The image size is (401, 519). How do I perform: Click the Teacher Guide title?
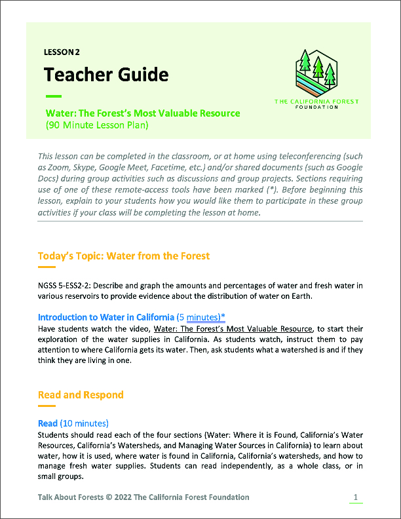click(106, 74)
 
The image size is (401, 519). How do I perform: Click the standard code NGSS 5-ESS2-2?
click(66, 286)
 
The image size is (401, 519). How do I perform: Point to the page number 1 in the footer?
click(355, 497)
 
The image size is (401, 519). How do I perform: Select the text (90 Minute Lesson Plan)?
click(96, 125)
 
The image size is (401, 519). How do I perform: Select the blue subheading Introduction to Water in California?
click(106, 317)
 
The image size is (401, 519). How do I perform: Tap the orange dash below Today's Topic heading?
click(47, 267)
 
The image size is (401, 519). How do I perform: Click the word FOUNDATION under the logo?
click(316, 107)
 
